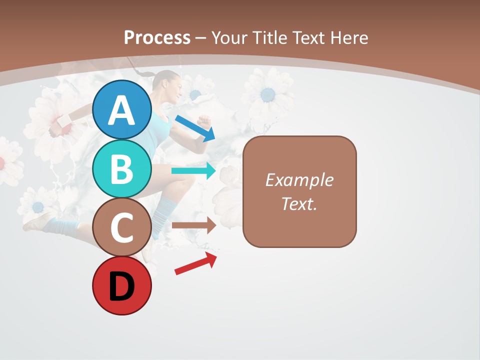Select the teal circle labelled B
(x=122, y=169)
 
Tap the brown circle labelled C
(x=122, y=227)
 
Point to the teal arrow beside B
(x=193, y=171)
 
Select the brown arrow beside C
(x=193, y=225)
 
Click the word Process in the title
(x=157, y=37)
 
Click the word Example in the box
(x=299, y=180)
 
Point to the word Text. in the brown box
(x=299, y=203)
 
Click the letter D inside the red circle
(x=122, y=287)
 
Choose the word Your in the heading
(x=229, y=37)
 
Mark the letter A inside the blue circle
(x=122, y=111)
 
